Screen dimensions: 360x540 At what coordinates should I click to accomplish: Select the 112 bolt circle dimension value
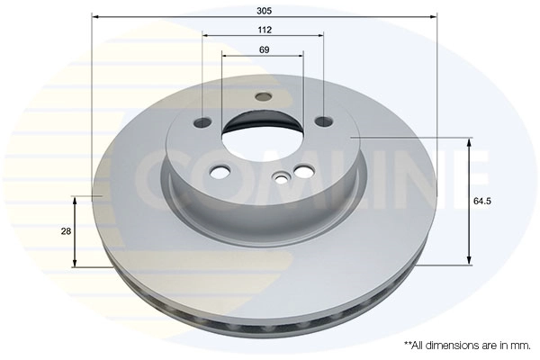point(264,29)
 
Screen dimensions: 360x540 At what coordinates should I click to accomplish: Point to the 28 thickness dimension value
point(66,232)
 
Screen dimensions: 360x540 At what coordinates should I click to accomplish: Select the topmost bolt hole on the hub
point(263,96)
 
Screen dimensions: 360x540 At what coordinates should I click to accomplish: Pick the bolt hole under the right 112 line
point(323,121)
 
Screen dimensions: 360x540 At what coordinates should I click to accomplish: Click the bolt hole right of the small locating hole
point(303,171)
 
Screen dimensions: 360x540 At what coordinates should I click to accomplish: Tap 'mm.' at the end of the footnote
point(521,345)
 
